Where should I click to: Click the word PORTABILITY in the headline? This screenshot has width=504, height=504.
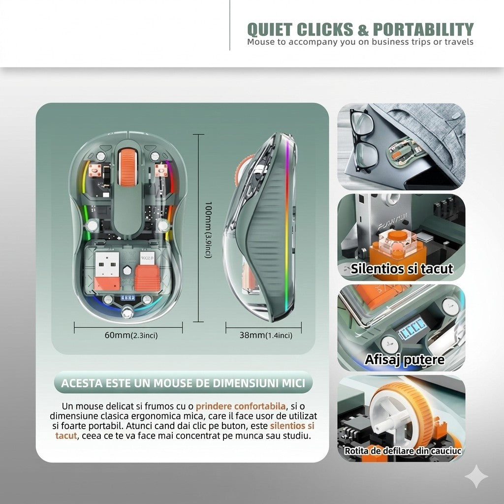point(423,29)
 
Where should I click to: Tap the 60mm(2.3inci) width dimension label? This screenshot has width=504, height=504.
point(131,335)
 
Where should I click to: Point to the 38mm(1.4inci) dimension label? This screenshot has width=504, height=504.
point(266,335)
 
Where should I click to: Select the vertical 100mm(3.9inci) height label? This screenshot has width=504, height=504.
point(209,229)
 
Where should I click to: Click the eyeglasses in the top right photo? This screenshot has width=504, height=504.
point(364,141)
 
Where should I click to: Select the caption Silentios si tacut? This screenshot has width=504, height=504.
point(402,269)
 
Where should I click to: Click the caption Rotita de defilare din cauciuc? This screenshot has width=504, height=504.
point(403,451)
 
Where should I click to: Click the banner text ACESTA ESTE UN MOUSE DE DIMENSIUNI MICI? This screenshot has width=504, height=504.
point(183,383)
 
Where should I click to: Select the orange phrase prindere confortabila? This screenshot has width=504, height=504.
point(240,406)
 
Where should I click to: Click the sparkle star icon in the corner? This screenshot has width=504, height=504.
point(476,476)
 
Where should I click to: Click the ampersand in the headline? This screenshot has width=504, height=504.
point(363,30)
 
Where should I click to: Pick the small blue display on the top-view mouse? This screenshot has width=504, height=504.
point(127,298)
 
